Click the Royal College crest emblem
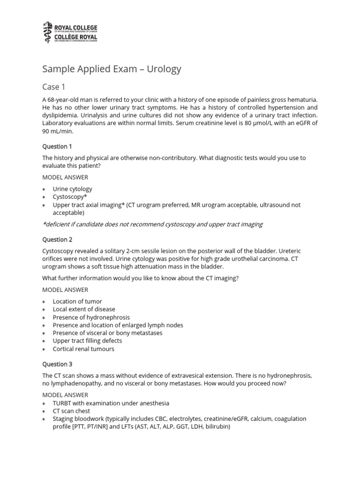coord(47,32)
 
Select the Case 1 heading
coord(51,87)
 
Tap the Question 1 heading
coord(57,147)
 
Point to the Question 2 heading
coord(57,240)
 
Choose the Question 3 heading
coord(57,364)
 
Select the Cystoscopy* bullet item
coord(70,197)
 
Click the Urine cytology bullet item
coord(72,189)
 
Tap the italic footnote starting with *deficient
coord(152,224)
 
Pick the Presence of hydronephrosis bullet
coord(91,317)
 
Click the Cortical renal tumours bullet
coord(83,349)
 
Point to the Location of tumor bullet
coord(77,301)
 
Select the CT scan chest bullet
coord(72,411)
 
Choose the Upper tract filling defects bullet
coord(87,341)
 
